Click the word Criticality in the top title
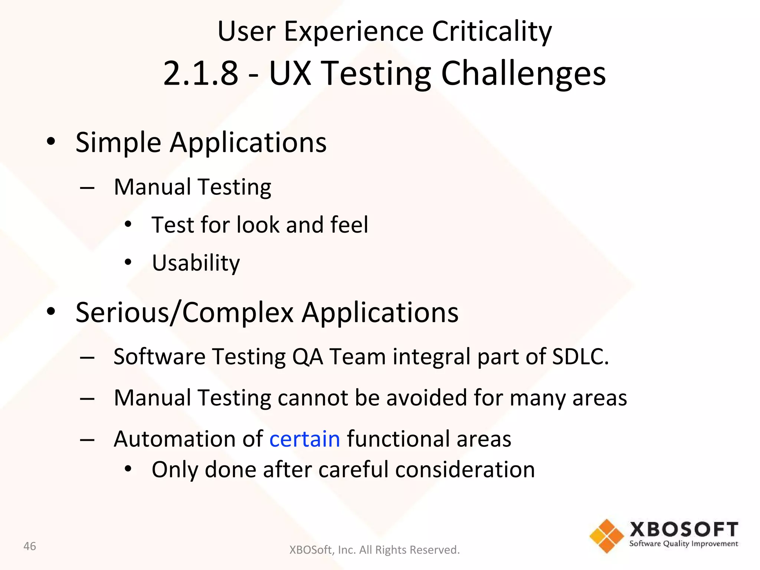pos(492,32)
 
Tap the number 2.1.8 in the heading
pos(200,73)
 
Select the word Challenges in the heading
pos(523,74)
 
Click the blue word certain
pos(305,439)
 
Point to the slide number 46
pos(30,546)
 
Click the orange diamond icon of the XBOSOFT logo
pos(607,536)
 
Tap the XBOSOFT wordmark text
pos(684,530)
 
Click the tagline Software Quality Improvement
pos(684,544)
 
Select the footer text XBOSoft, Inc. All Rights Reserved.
pos(374,550)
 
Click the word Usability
pos(196,263)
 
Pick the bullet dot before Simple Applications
pos(51,142)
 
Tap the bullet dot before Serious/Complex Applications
pos(51,312)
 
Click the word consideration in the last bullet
pos(465,470)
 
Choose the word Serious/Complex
pos(184,312)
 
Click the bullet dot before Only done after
pos(128,469)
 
